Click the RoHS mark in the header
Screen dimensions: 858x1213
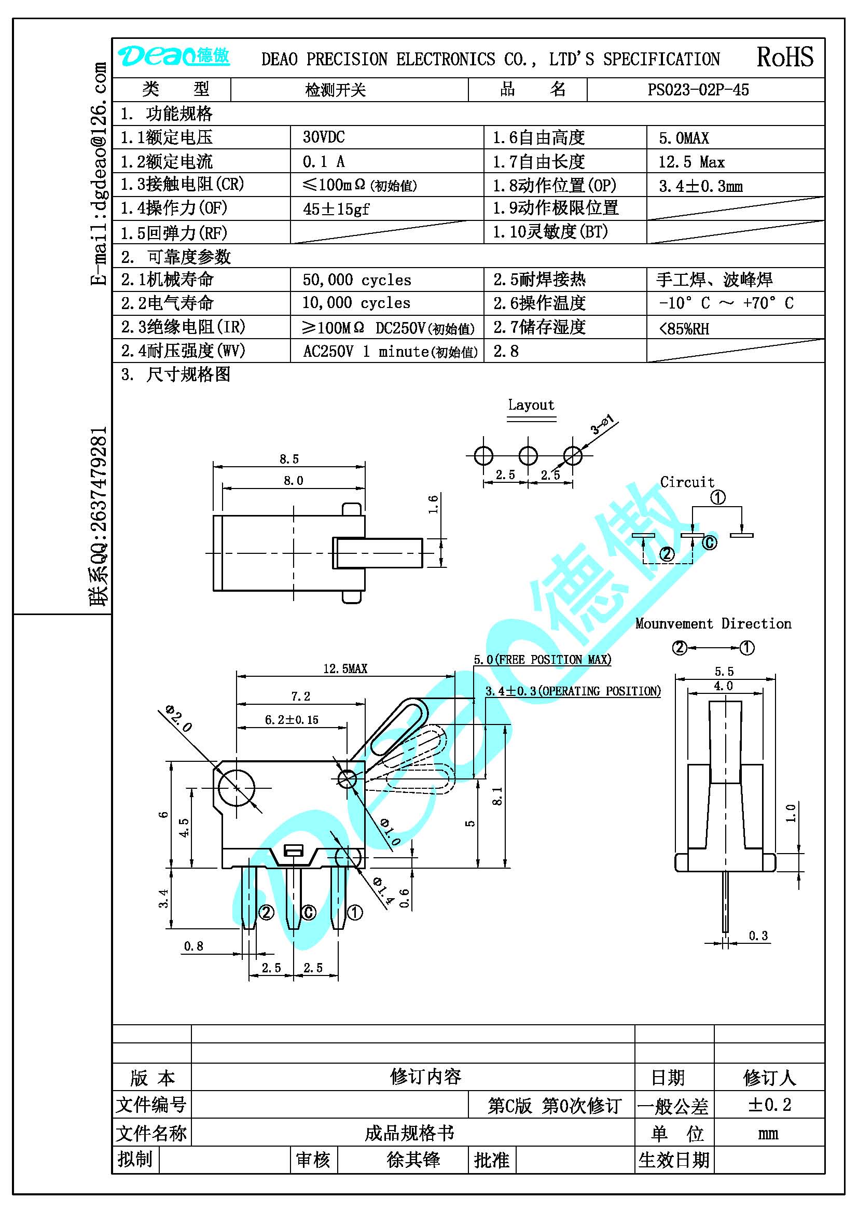(785, 57)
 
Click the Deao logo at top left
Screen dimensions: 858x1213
(173, 56)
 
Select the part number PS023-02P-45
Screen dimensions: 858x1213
(698, 90)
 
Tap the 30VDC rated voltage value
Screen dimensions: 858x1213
(323, 137)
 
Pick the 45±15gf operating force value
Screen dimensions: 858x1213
(336, 209)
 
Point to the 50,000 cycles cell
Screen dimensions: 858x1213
(356, 280)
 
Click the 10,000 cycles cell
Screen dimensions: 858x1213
(356, 303)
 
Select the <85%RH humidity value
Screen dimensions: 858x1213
(684, 329)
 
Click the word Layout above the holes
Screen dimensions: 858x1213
(531, 405)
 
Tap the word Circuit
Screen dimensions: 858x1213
(687, 482)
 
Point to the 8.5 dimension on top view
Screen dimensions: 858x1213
(289, 459)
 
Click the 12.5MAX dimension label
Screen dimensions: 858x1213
(345, 668)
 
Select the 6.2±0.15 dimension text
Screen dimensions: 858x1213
(292, 720)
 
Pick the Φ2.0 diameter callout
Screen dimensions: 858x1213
(178, 717)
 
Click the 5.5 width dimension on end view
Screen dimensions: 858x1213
(724, 671)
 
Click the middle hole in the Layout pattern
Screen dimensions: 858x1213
(528, 455)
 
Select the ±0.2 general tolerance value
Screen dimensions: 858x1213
(769, 1105)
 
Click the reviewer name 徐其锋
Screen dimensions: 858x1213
(413, 1160)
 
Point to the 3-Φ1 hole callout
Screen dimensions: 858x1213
(602, 425)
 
